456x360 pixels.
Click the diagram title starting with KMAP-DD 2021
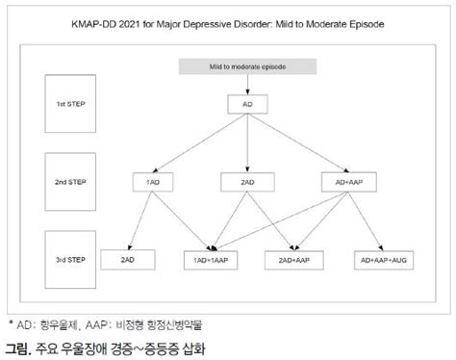click(x=228, y=23)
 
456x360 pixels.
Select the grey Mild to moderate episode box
click(x=248, y=68)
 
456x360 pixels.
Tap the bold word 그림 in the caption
click(x=16, y=345)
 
